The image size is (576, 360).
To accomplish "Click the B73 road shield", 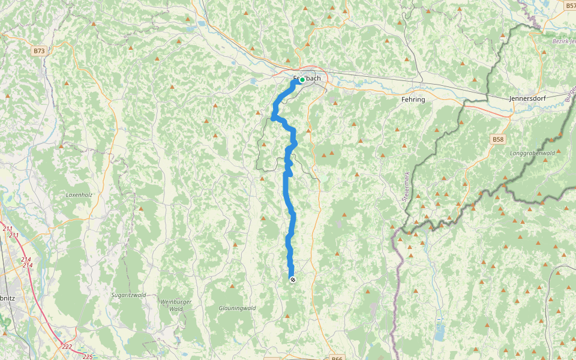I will (39, 51).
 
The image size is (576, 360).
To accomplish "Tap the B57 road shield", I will (570, 5).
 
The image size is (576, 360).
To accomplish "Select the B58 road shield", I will (498, 139).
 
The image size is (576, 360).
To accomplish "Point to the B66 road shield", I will (337, 358).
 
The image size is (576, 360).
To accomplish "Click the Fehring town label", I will (413, 99).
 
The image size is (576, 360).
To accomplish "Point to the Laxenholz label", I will (79, 195).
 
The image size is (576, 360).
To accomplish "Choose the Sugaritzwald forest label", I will (129, 295).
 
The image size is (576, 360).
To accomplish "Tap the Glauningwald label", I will (237, 308).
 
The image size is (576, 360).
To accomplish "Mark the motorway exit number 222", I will (67, 346).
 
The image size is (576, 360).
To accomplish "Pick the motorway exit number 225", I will (88, 356).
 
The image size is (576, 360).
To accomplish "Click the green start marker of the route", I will (303, 79).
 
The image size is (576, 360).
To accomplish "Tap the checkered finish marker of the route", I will (292, 280).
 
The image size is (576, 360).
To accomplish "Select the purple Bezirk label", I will (563, 41).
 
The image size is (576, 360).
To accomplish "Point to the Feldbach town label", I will (307, 79).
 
